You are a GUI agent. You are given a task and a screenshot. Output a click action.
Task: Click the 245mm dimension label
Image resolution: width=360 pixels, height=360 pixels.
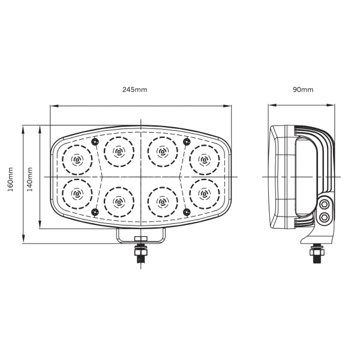[x=134, y=89]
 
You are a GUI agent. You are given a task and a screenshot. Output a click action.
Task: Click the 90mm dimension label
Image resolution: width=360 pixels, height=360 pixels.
[x=303, y=89]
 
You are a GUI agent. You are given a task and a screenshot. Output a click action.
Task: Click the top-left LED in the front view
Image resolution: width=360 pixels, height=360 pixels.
[x=77, y=160]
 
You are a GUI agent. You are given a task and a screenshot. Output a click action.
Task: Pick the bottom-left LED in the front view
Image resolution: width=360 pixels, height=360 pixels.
[x=77, y=193]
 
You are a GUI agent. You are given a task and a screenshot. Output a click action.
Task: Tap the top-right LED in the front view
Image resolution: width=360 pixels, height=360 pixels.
[x=204, y=160]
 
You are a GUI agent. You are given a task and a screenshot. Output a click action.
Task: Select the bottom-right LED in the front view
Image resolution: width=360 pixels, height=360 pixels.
[x=204, y=193]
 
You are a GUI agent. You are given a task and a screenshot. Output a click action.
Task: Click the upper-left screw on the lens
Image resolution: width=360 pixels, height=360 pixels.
[x=95, y=142]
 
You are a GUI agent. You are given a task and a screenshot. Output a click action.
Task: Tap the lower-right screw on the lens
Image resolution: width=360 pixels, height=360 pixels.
[x=187, y=211]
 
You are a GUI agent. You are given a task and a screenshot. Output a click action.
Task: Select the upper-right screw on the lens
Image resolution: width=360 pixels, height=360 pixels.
[x=187, y=142]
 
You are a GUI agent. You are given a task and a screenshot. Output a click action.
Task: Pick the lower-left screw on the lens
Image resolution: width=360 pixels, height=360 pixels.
[x=95, y=211]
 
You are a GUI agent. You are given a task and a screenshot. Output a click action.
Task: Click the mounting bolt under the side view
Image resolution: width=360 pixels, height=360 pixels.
[x=316, y=254]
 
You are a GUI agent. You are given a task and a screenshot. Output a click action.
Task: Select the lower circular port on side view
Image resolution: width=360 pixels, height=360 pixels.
[x=325, y=217]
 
